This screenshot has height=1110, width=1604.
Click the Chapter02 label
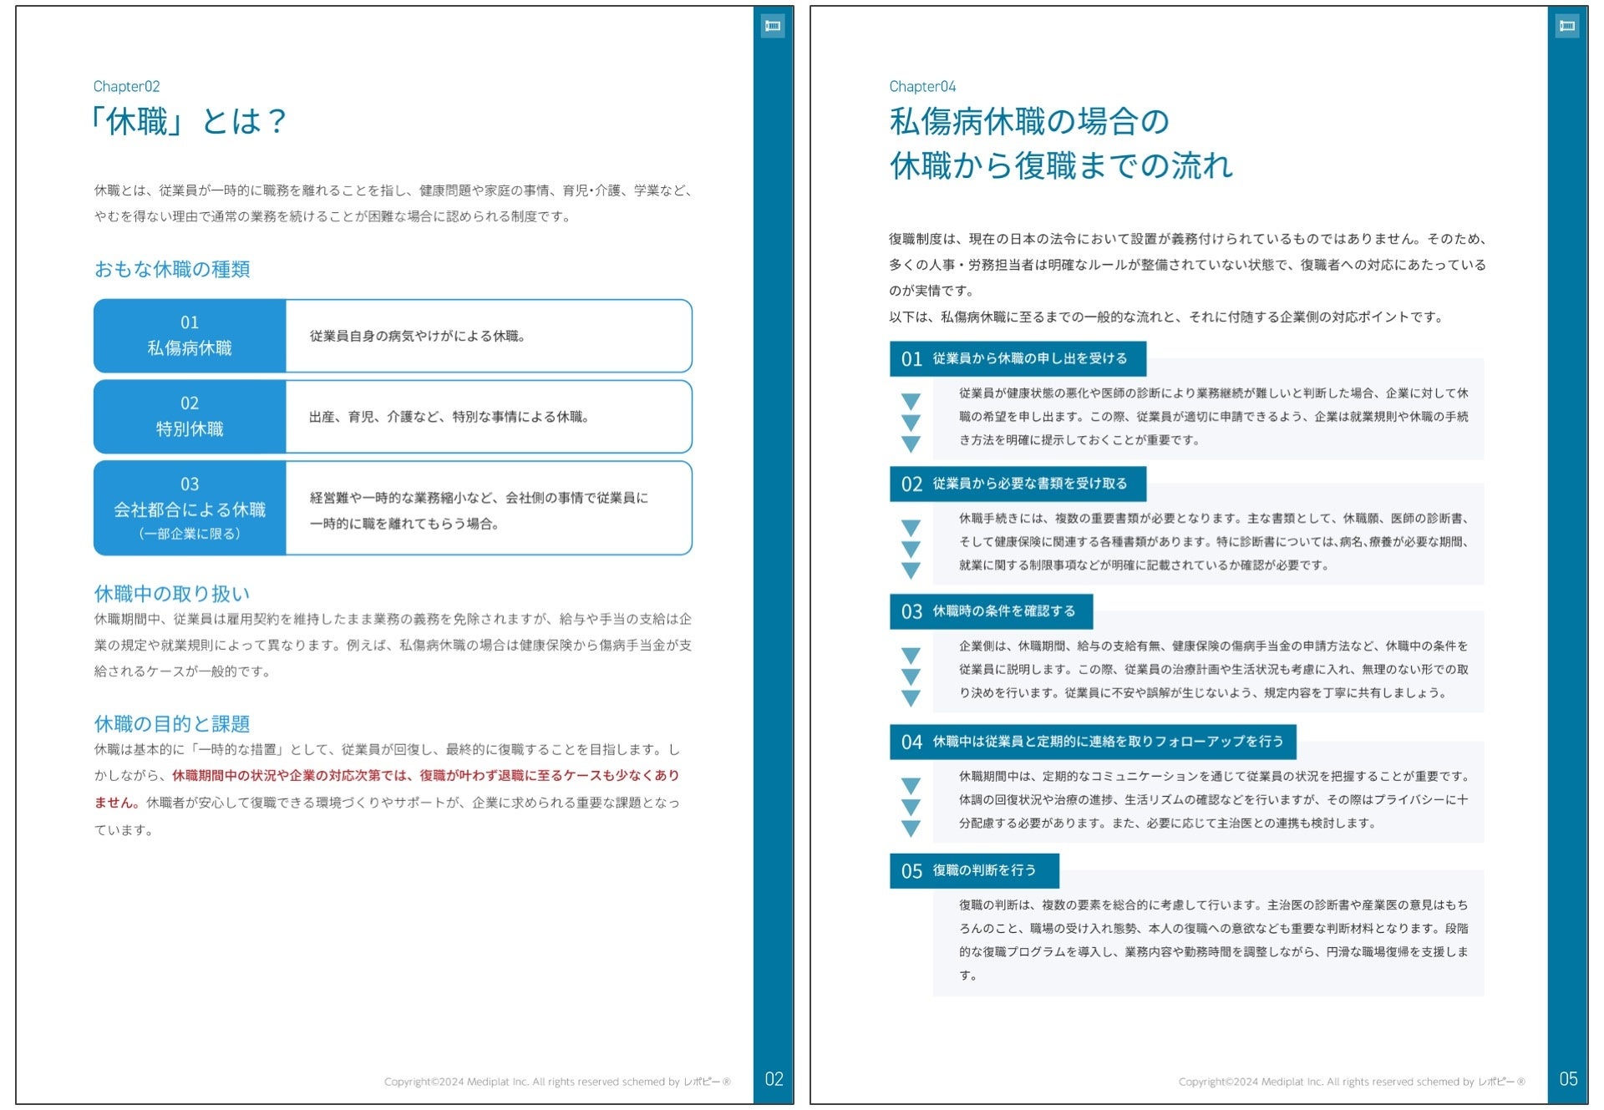pyautogui.click(x=126, y=87)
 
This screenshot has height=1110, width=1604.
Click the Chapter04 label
pyautogui.click(x=921, y=87)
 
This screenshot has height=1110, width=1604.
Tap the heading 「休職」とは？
pyautogui.click(x=190, y=122)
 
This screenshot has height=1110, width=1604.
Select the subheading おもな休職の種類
pyautogui.click(x=172, y=269)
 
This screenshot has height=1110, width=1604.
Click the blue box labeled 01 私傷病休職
pyautogui.click(x=190, y=336)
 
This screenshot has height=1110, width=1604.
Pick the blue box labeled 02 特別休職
pyautogui.click(x=190, y=417)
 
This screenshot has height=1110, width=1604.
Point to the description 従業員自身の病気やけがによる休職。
pyautogui.click(x=417, y=336)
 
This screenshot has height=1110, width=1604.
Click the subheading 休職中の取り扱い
pyautogui.click(x=172, y=594)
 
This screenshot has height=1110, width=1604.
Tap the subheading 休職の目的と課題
pyautogui.click(x=172, y=723)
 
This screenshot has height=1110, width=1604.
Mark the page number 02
pyautogui.click(x=774, y=1079)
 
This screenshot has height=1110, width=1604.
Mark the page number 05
pyautogui.click(x=1568, y=1079)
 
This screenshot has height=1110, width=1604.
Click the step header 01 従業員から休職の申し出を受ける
pyautogui.click(x=1018, y=359)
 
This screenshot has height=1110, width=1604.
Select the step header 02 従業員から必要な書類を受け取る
pyautogui.click(x=1018, y=484)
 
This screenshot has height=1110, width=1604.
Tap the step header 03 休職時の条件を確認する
pyautogui.click(x=991, y=611)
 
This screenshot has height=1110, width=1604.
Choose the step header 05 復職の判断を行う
pyautogui.click(x=974, y=871)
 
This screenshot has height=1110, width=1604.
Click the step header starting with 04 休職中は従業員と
pyautogui.click(x=1093, y=742)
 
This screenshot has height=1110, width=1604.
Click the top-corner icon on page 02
pyautogui.click(x=773, y=26)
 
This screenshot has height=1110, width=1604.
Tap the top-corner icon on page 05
pyautogui.click(x=1567, y=26)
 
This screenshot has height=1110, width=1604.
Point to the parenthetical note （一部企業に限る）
pyautogui.click(x=190, y=534)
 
